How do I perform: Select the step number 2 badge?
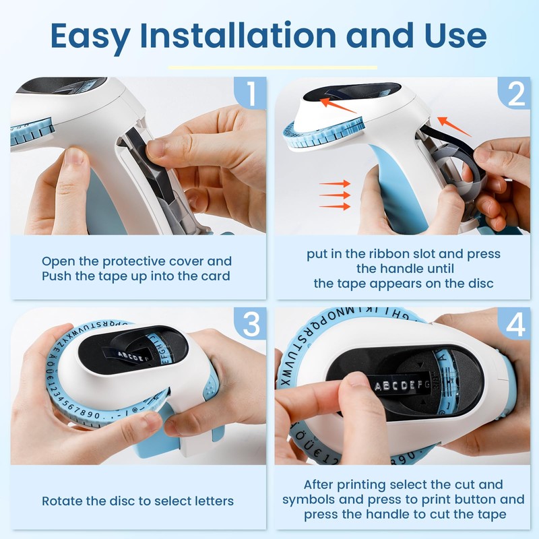point(515,94)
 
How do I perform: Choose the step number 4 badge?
point(515,325)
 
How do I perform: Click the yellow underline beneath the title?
point(272,67)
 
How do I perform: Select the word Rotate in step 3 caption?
point(63,501)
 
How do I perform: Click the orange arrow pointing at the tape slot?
point(443,123)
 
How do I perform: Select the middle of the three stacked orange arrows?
point(335,195)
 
